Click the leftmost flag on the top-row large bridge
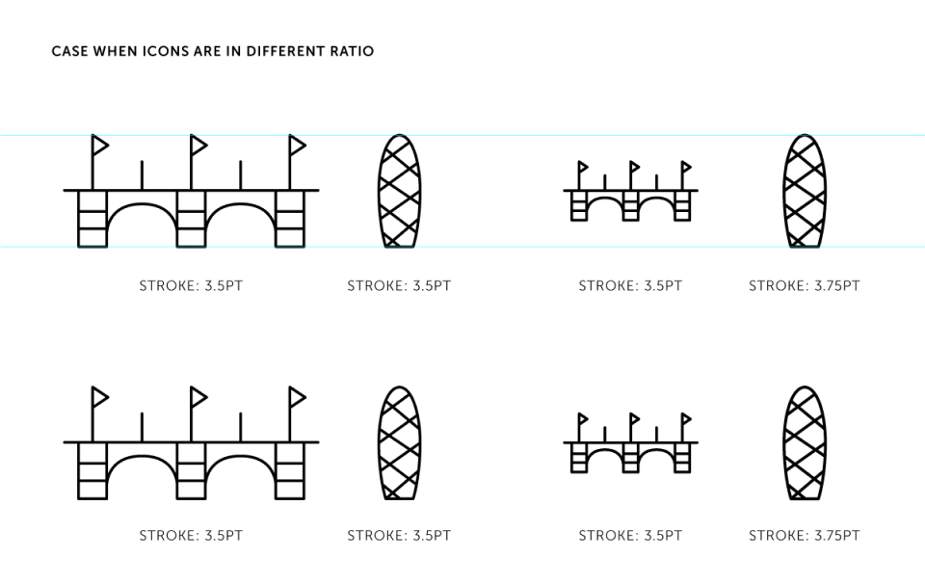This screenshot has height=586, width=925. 99,146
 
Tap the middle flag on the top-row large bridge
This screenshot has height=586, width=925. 198,146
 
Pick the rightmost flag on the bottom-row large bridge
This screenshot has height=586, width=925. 298,397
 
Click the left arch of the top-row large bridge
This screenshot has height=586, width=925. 142,206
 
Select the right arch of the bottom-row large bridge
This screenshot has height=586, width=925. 240,458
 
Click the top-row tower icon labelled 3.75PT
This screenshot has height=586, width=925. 805,191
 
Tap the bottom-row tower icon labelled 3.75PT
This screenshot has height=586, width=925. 805,443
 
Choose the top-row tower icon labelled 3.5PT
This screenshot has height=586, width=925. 399,191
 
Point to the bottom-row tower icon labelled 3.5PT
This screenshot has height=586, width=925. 399,443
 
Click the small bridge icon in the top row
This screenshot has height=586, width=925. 630,191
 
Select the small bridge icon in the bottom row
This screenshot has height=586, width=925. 630,442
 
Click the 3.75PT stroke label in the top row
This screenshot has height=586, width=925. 804,285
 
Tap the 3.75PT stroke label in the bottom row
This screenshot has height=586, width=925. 804,535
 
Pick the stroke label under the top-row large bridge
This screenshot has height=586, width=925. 191,285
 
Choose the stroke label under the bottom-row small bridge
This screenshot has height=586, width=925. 630,535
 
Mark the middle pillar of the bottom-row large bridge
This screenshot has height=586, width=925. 191,471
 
